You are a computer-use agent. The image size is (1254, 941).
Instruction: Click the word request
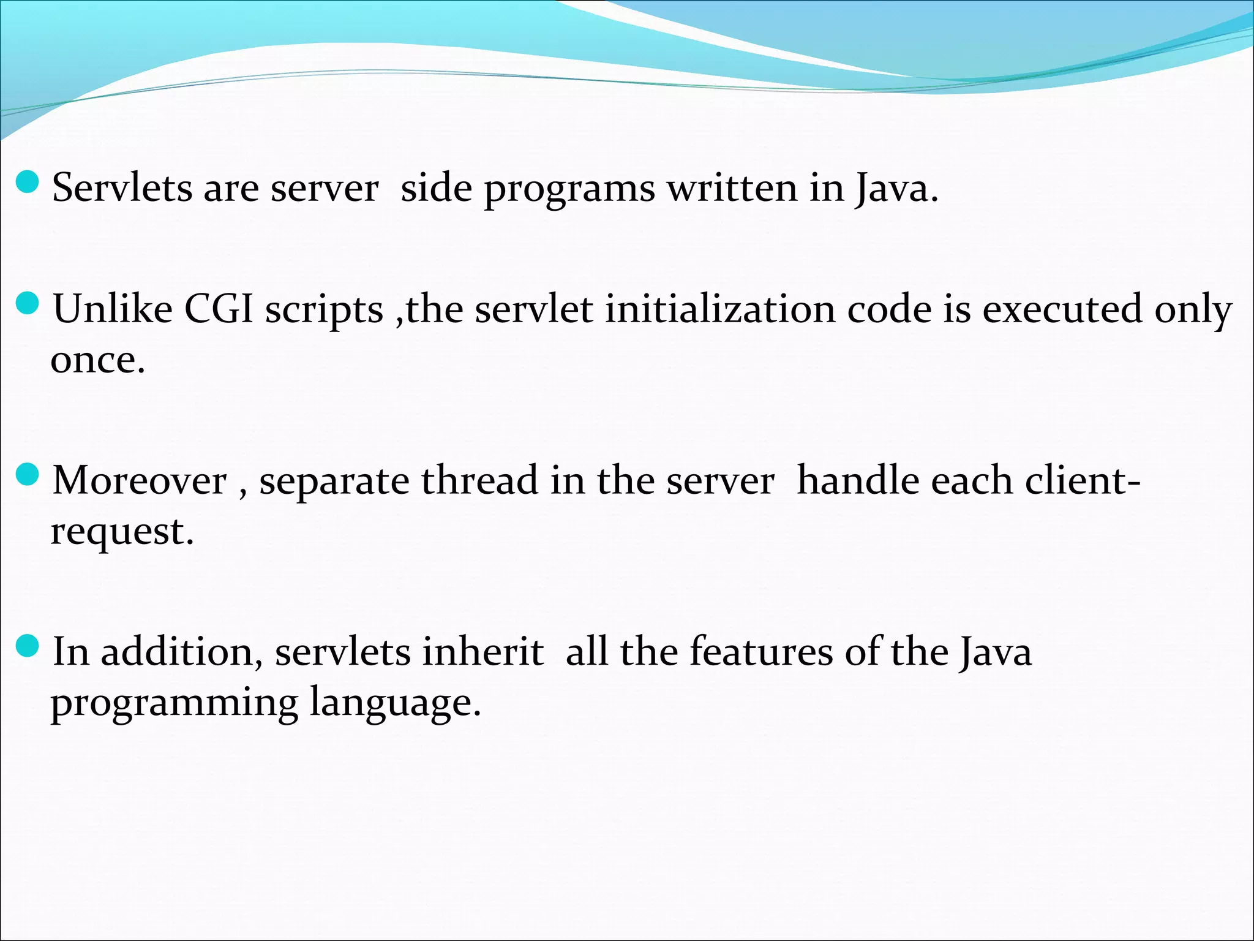point(121,531)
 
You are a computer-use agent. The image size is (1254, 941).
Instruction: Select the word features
point(761,651)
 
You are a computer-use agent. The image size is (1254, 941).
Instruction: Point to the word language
point(394,702)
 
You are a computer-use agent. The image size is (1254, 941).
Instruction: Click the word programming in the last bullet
point(174,703)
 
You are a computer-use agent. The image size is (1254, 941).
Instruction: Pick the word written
point(732,187)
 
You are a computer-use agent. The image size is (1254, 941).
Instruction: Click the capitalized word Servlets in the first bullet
point(122,187)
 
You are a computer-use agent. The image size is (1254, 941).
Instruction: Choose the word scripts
point(324,309)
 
